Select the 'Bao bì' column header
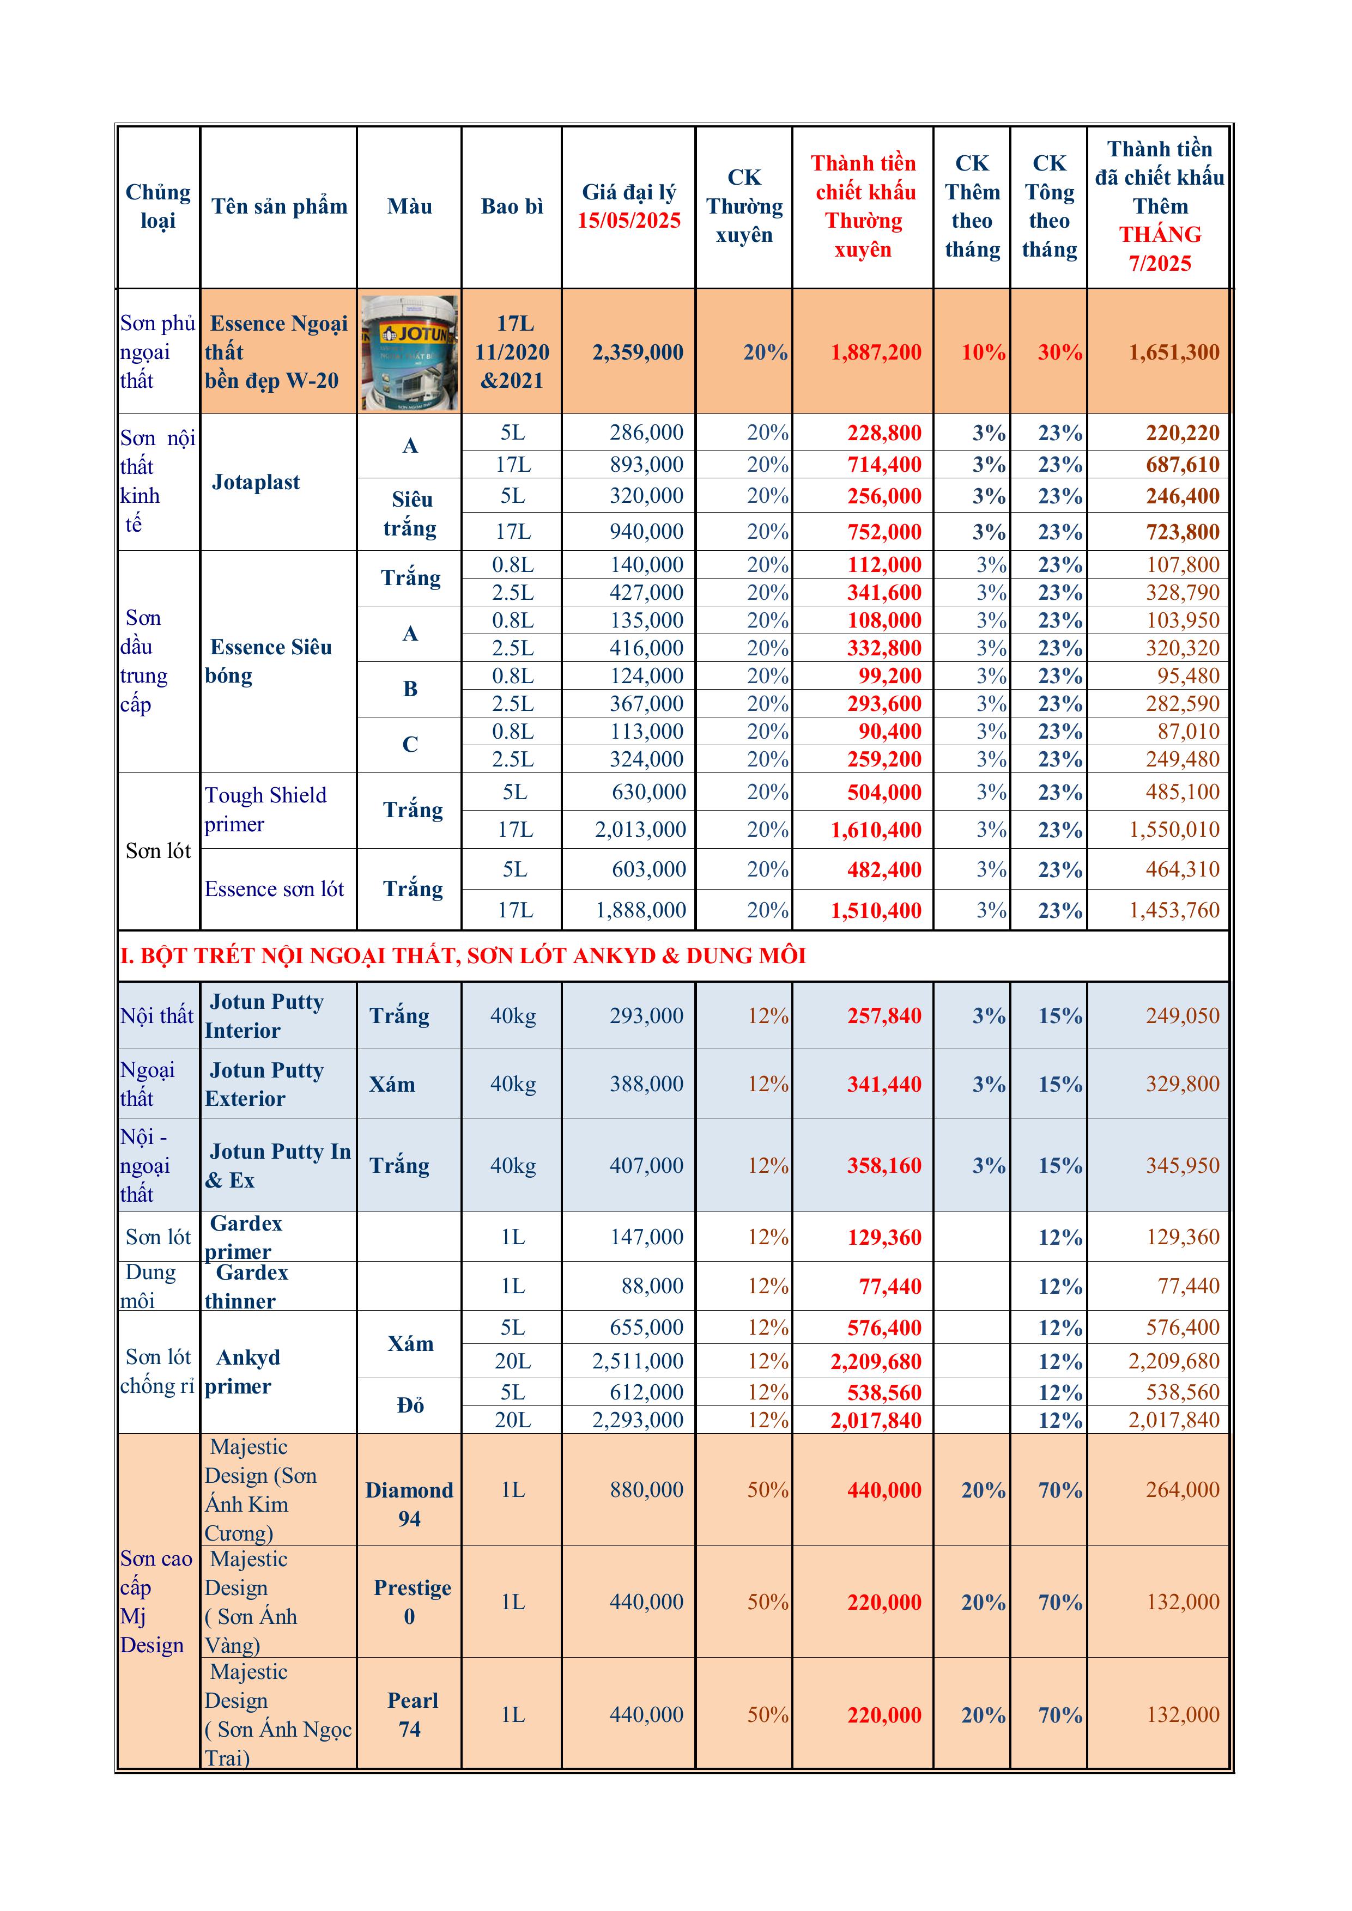[x=512, y=206]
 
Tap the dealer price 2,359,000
[x=637, y=352]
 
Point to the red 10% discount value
[x=983, y=352]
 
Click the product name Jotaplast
[x=256, y=482]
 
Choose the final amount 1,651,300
[x=1173, y=352]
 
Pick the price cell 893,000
[x=646, y=465]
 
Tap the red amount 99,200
[x=890, y=676]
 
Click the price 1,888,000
[x=640, y=910]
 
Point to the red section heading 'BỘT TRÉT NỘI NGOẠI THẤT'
[x=463, y=955]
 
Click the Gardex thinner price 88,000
[x=652, y=1286]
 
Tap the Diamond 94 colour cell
[x=410, y=1504]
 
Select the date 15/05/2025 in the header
[x=629, y=221]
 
